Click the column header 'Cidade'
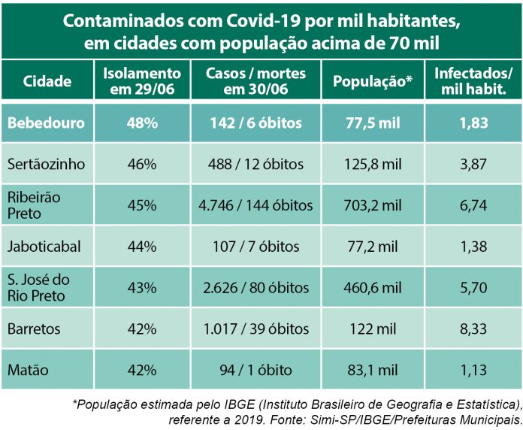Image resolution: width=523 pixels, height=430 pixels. pos(47,82)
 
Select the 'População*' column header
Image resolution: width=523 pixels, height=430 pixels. pos(373,82)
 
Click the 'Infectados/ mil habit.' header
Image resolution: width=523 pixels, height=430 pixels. pos(474,82)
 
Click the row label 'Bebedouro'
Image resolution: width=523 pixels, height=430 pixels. pos(47,123)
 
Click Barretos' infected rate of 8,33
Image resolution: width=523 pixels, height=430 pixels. pos(474,329)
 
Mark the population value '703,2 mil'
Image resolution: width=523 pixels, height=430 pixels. pos(373,205)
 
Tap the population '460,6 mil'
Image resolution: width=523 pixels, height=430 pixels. pos(373,288)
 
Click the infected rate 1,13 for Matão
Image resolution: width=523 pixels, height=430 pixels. pos(474,370)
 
